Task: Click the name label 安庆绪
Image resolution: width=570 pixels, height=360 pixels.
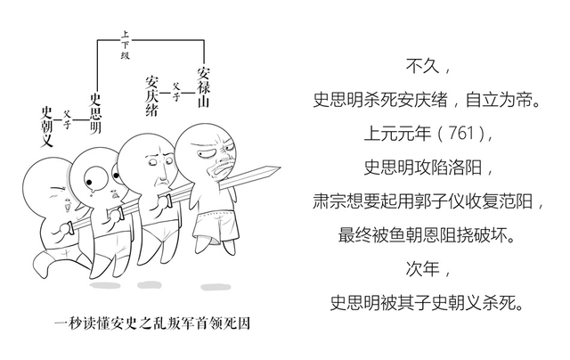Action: coord(152,97)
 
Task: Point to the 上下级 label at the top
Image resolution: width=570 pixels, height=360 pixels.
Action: coord(125,45)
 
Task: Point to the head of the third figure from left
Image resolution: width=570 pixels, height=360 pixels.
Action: coord(150,160)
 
